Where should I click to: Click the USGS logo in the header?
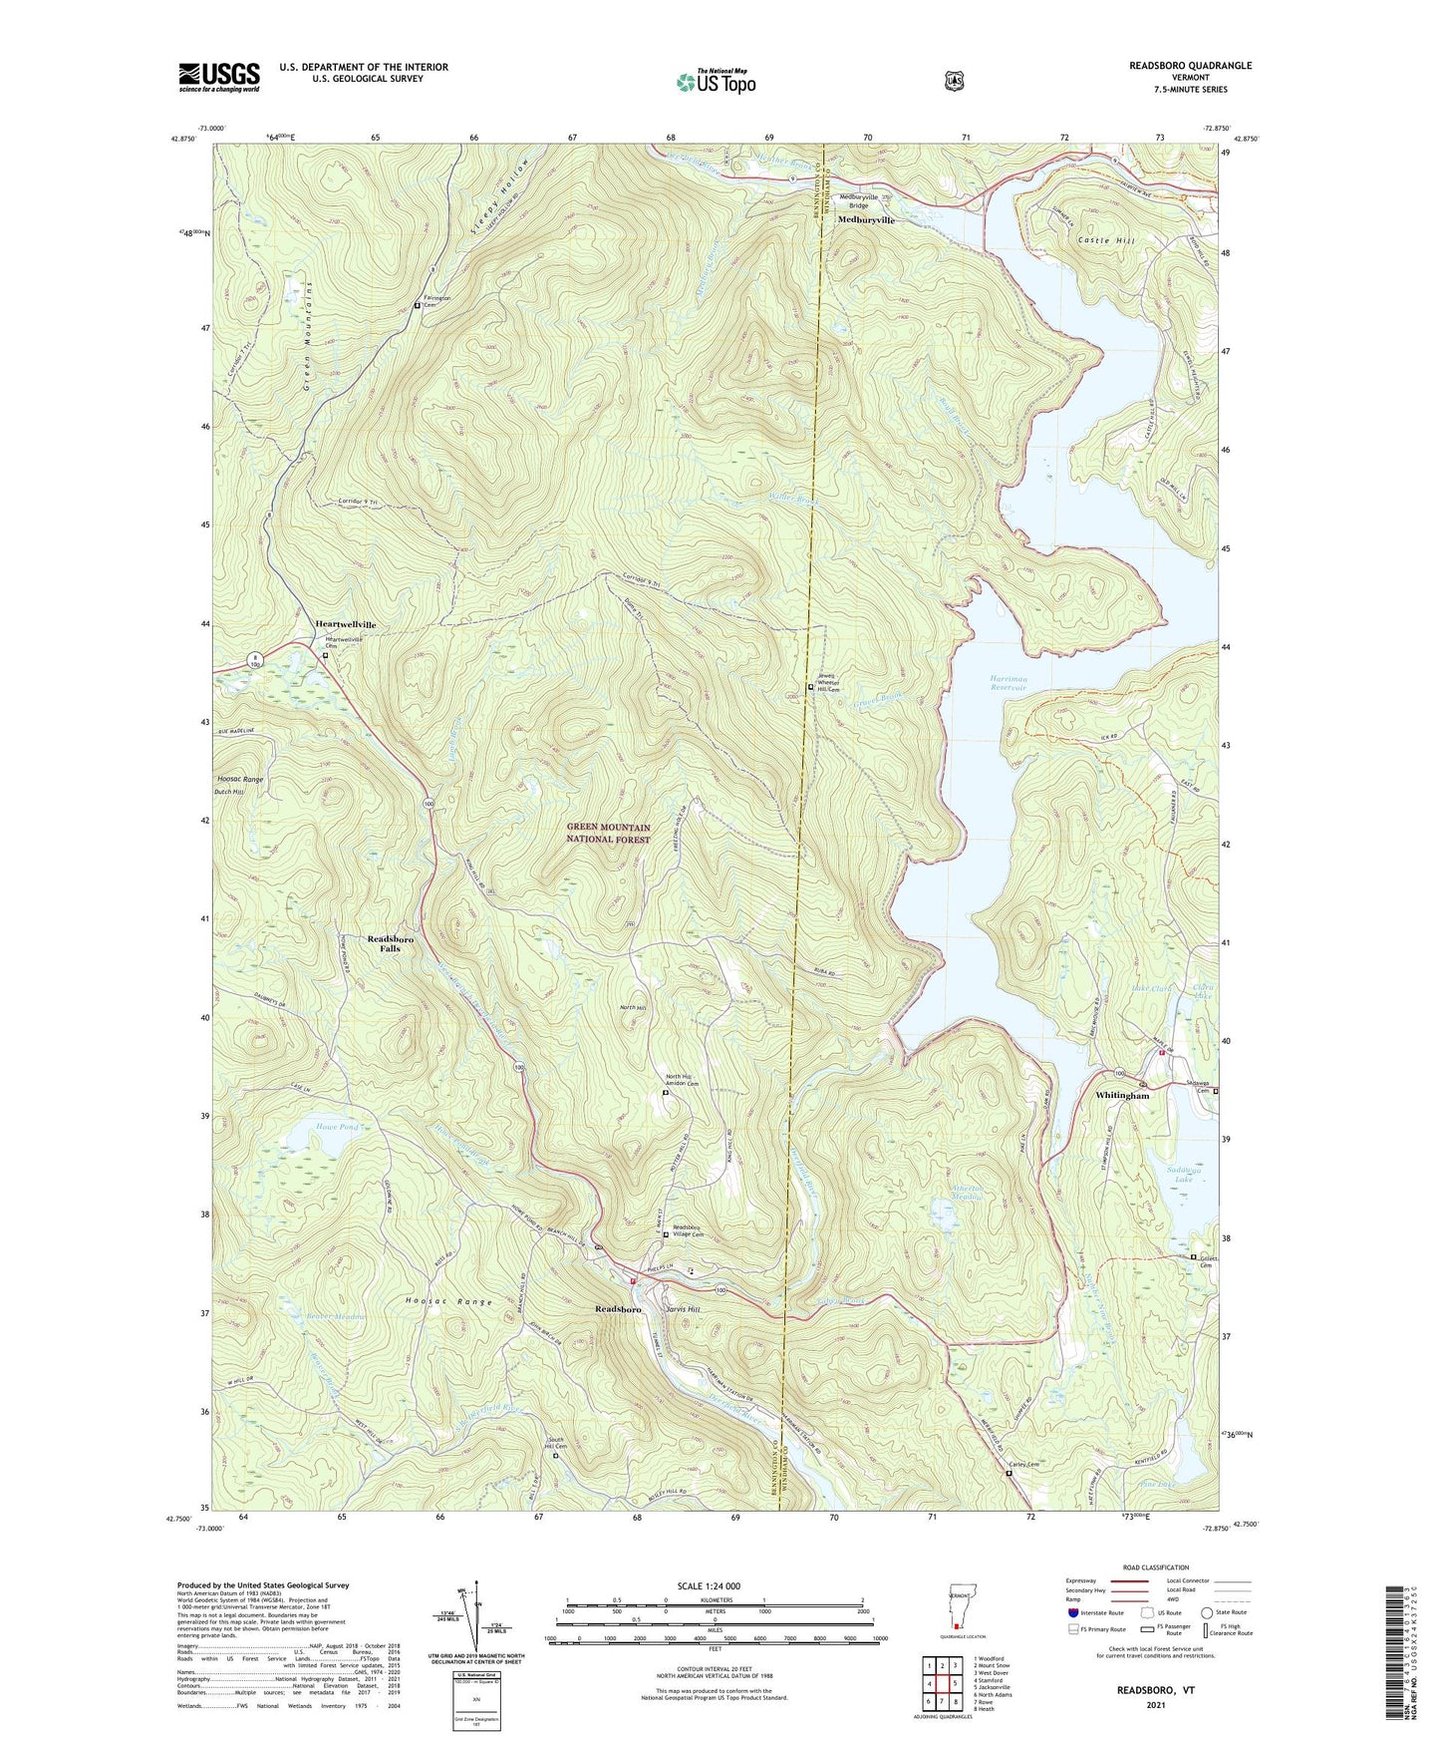coord(218,77)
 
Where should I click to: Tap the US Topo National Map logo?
coord(715,82)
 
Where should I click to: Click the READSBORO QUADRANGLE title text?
coord(1176,66)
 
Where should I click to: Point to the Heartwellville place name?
coord(346,624)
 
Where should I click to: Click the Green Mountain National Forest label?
coord(608,834)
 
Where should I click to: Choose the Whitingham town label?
coord(1122,1096)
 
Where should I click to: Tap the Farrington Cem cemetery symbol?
coord(417,306)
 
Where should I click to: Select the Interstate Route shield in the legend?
coord(1071,1640)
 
